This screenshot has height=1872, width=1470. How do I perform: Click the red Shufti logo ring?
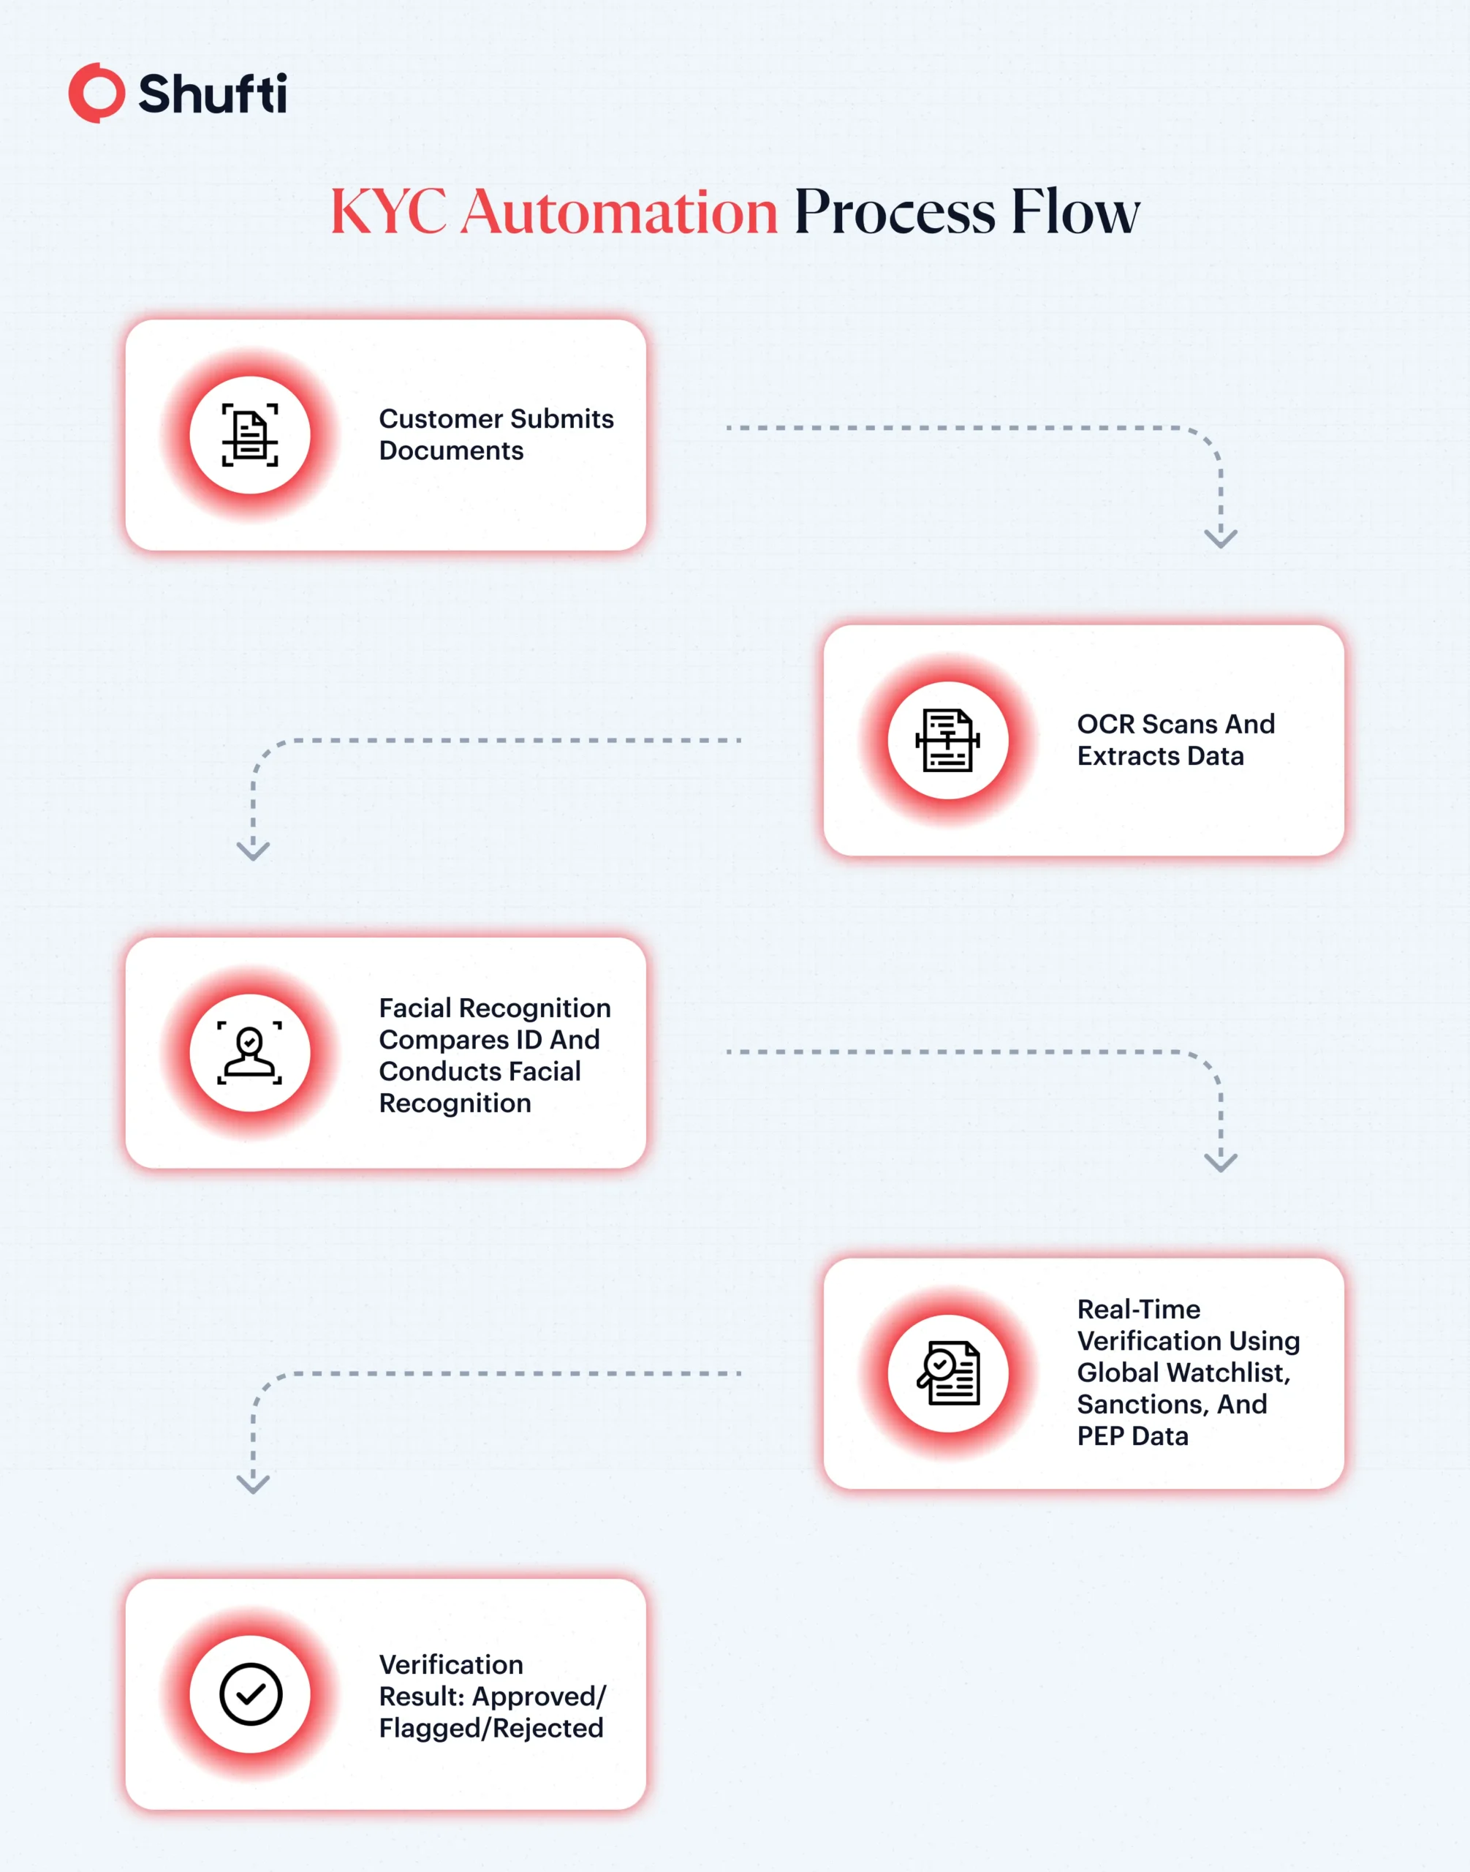(x=96, y=93)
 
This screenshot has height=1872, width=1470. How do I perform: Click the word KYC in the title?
(x=389, y=212)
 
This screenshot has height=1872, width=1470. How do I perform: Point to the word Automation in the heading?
(x=620, y=212)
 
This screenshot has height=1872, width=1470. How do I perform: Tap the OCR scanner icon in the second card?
(x=947, y=741)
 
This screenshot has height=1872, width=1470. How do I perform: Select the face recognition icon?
(x=249, y=1053)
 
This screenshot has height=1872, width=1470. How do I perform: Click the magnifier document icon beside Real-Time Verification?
(x=948, y=1373)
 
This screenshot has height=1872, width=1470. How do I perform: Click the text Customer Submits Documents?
(x=496, y=435)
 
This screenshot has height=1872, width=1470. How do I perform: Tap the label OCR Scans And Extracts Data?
(x=1175, y=740)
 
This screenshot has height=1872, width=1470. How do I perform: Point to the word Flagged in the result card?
(x=431, y=1728)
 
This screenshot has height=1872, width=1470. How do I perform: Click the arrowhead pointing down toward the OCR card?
(x=1221, y=538)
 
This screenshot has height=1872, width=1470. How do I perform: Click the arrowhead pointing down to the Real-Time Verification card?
(x=1221, y=1163)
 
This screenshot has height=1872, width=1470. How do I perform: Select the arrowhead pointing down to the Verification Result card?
(x=253, y=1484)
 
